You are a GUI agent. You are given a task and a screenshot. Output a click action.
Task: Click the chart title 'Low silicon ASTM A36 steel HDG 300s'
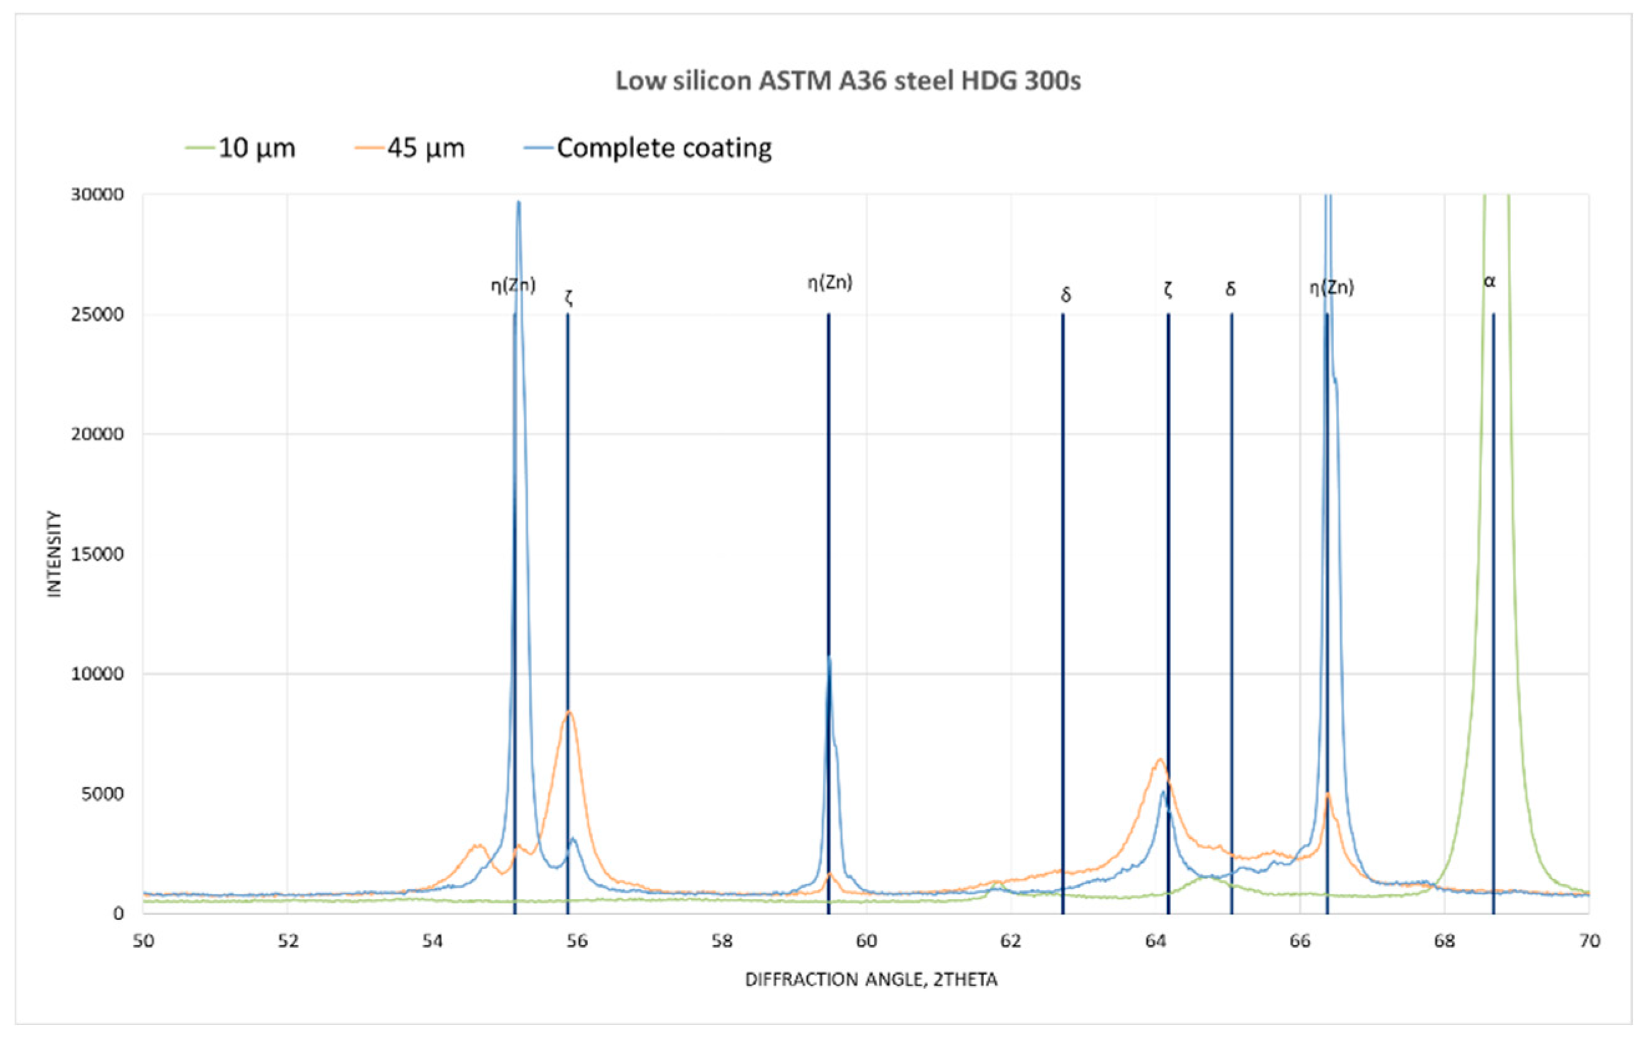click(848, 81)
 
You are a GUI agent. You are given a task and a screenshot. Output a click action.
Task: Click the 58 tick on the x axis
click(721, 941)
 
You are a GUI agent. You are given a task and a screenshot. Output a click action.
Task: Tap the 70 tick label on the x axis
click(1589, 941)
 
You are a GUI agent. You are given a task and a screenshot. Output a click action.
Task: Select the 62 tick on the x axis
click(1011, 941)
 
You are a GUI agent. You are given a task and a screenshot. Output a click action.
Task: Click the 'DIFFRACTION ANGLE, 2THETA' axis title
click(871, 980)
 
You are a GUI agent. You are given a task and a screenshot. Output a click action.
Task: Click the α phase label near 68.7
click(1489, 281)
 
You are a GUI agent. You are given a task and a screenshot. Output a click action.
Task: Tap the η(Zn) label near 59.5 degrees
click(830, 282)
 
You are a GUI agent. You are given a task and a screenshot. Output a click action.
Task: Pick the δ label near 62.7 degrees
click(1066, 295)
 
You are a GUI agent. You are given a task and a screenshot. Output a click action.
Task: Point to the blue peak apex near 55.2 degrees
click(518, 202)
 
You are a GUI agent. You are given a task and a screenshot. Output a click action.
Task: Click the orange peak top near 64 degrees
click(1160, 759)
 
